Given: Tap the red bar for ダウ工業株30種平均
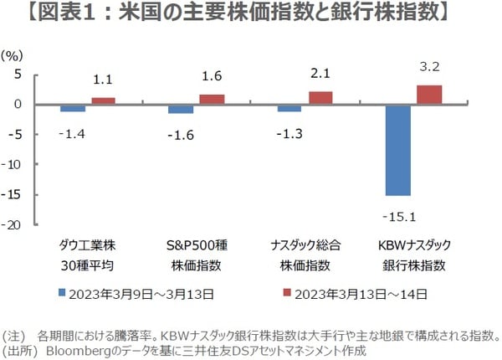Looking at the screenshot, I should [103, 100].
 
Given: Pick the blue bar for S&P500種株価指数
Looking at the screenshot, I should [181, 109].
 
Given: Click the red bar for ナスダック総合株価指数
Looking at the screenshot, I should [320, 97].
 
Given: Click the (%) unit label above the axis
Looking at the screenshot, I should [13, 54].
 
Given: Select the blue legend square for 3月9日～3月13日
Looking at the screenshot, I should [61, 294].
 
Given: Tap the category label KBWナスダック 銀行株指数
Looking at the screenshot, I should [413, 255].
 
